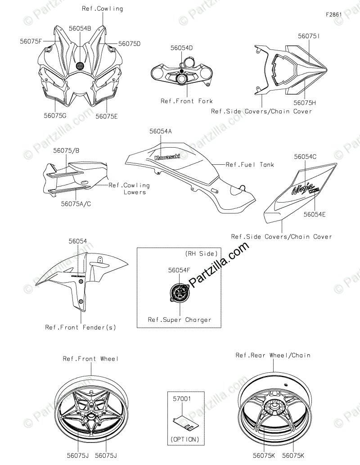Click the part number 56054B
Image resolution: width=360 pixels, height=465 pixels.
[x=80, y=28]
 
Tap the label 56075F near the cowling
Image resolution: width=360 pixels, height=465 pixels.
[x=31, y=41]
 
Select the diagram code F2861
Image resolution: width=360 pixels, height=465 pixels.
[x=334, y=14]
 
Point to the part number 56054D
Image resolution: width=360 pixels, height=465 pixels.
[x=181, y=48]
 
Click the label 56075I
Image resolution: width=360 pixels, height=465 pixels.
[x=309, y=35]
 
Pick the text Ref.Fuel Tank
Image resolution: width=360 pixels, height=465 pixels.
[x=250, y=165]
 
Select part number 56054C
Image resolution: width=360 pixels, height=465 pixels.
[x=306, y=157]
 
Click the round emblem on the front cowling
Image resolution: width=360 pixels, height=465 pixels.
[x=80, y=65]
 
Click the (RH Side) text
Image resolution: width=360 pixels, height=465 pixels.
[x=201, y=254]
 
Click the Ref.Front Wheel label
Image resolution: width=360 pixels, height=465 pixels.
[x=91, y=359]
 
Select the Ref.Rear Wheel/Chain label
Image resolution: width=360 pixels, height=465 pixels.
[x=273, y=355]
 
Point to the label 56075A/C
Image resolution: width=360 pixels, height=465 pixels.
[x=76, y=203]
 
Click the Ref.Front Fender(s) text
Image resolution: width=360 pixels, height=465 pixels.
[x=81, y=327]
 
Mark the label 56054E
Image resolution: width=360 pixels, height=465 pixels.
[x=314, y=214]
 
